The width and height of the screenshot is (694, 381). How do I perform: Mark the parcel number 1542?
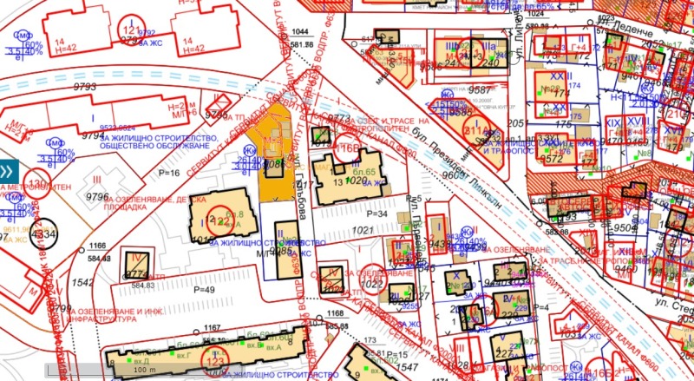click(x=82, y=284)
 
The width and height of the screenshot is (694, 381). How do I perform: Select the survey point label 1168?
click(x=324, y=314)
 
